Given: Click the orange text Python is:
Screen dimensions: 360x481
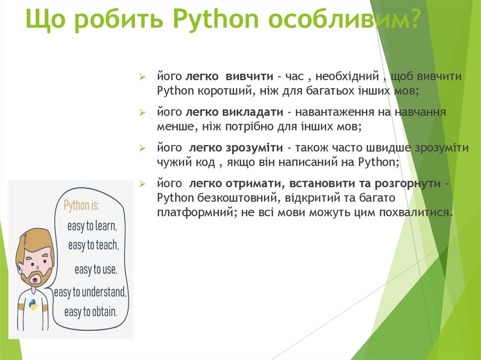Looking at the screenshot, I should click(x=85, y=205).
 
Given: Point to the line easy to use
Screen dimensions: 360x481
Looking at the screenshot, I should click(x=95, y=269).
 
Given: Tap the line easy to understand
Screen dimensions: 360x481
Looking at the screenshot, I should click(x=90, y=292).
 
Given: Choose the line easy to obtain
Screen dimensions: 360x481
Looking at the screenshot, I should click(x=90, y=311).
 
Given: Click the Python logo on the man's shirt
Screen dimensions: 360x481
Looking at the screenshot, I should click(x=33, y=305).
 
